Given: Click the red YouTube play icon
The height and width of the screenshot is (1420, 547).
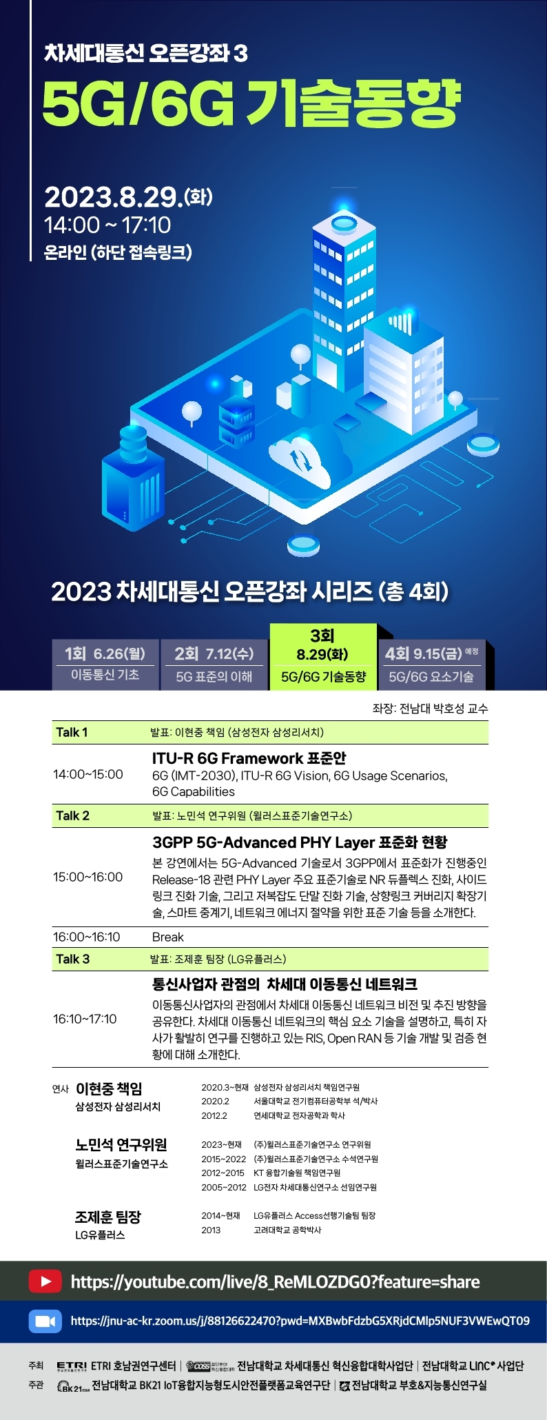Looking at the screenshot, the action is tap(45, 1281).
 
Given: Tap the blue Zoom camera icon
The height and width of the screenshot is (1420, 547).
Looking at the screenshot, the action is tap(45, 1321).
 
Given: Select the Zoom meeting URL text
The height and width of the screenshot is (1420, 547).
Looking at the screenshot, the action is tap(300, 1321).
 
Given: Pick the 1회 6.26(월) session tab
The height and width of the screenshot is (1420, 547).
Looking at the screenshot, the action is tap(105, 665).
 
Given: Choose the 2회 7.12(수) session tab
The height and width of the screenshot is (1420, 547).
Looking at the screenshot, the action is tap(214, 665).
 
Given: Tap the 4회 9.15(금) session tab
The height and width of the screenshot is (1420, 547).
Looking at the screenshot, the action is tap(432, 665).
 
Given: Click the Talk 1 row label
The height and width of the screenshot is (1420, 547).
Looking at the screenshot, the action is tap(72, 732).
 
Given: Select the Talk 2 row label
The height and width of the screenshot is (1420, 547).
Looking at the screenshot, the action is tap(72, 815).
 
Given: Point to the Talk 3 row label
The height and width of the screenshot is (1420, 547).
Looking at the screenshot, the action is tap(72, 959).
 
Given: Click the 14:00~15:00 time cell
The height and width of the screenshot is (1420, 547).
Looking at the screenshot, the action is tap(88, 774).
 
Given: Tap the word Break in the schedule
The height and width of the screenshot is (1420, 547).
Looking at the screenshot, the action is tap(168, 937).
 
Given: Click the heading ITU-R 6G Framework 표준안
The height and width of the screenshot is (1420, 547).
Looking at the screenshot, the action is tap(249, 758).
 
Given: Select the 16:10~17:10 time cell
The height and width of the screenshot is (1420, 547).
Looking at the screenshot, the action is tap(85, 1019).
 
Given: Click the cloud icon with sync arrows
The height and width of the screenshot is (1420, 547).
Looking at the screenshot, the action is tap(300, 458).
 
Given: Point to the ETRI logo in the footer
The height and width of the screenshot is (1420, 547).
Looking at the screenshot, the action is tap(72, 1366).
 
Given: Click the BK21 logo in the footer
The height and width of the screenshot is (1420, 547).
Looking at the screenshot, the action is tap(73, 1387).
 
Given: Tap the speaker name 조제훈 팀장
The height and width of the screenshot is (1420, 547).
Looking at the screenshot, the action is tap(108, 1217).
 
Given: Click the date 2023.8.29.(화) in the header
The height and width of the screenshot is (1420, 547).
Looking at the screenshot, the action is tap(129, 197).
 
